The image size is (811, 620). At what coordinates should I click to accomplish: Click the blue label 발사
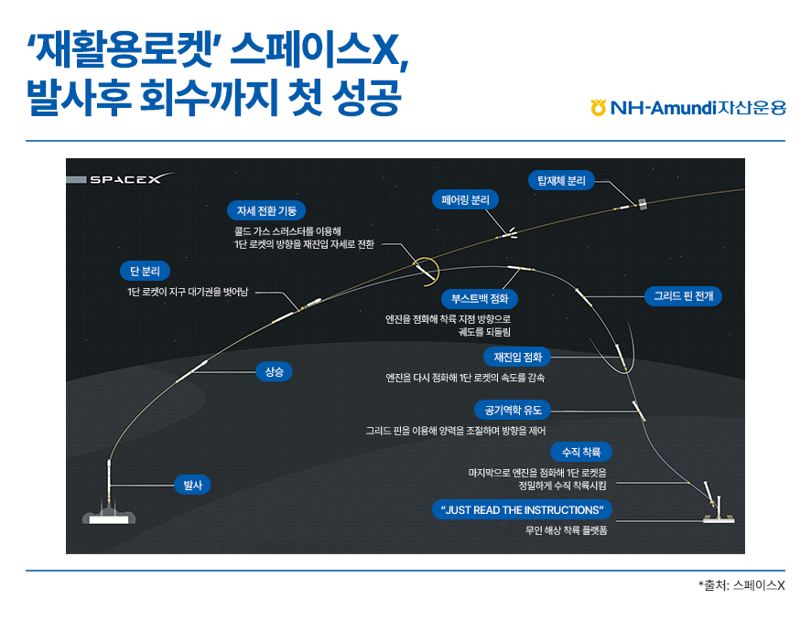(x=192, y=486)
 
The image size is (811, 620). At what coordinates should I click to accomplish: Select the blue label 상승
(x=274, y=371)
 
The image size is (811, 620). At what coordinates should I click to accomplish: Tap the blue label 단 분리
(x=145, y=271)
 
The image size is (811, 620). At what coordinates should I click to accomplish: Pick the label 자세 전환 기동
(x=266, y=210)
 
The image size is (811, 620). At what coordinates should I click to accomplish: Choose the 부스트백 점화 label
(x=480, y=299)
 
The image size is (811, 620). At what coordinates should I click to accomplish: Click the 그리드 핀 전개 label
(x=683, y=296)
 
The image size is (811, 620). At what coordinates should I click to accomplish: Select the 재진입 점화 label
(x=518, y=356)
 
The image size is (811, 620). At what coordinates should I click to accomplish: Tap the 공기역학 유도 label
(x=514, y=410)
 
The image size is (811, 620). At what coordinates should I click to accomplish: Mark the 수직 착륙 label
(x=580, y=452)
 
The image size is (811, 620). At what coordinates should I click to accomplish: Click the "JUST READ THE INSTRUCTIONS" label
(x=521, y=509)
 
